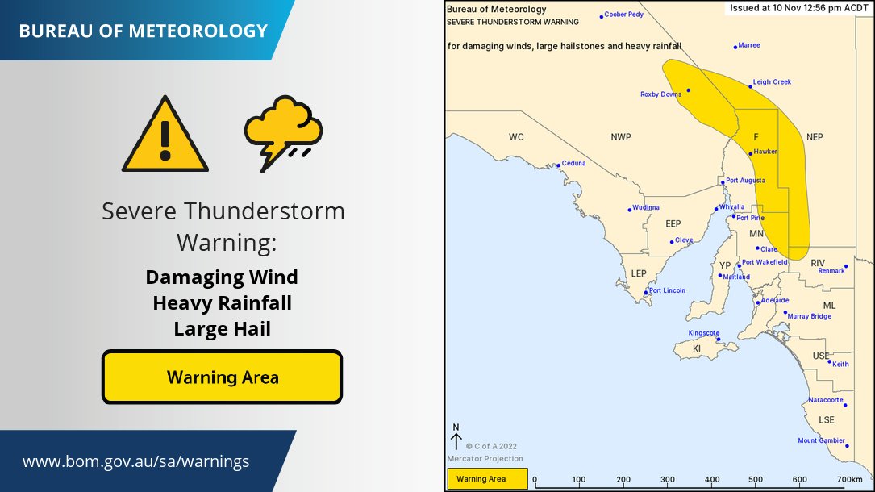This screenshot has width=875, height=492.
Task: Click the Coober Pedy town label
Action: pyautogui.click(x=623, y=15)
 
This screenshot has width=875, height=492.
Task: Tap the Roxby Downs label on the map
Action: pyautogui.click(x=660, y=94)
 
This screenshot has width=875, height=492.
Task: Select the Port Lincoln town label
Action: pyautogui.click(x=667, y=290)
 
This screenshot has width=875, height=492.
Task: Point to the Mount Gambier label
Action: pyautogui.click(x=819, y=440)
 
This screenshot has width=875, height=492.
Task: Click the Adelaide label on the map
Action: pyautogui.click(x=774, y=300)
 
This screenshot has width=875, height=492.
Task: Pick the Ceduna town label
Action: pyautogui.click(x=573, y=164)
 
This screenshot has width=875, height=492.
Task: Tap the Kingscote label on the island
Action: pyautogui.click(x=703, y=333)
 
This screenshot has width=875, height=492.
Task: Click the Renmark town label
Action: pyautogui.click(x=831, y=271)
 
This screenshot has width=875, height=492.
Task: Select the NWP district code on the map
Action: pyautogui.click(x=620, y=137)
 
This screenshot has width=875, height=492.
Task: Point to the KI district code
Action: pyautogui.click(x=698, y=348)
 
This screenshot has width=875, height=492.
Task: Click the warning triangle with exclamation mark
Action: pyautogui.click(x=165, y=135)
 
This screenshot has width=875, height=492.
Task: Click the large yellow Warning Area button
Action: pyautogui.click(x=223, y=377)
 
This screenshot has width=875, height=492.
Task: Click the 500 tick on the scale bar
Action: pyautogui.click(x=756, y=480)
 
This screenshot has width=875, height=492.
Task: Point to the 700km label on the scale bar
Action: pyautogui.click(x=849, y=480)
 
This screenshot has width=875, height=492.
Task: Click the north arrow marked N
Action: pyautogui.click(x=456, y=438)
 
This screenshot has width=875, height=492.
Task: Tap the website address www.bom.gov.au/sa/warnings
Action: pyautogui.click(x=135, y=462)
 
